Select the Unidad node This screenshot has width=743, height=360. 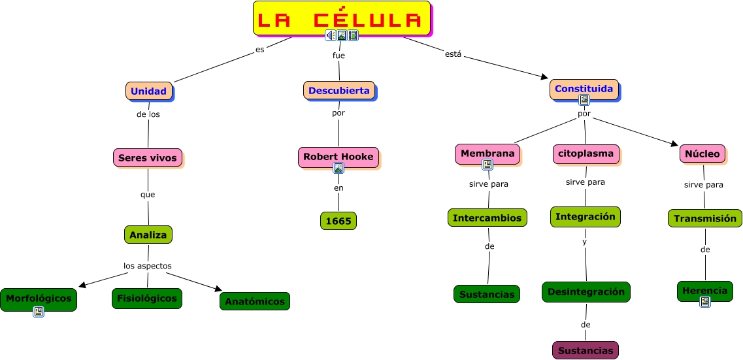[149, 91]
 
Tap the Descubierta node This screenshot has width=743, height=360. [338, 91]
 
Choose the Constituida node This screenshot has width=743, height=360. [584, 88]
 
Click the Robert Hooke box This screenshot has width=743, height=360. [338, 157]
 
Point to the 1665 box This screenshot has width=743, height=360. [338, 221]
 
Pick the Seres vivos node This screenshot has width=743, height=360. [147, 157]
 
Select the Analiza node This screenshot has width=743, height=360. [148, 235]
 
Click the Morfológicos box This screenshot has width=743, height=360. [39, 298]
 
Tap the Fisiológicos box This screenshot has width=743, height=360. [146, 298]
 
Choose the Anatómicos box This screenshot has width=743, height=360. [255, 301]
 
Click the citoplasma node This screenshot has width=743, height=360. [585, 154]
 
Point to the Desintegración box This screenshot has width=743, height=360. [586, 291]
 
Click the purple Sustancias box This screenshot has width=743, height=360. [585, 351]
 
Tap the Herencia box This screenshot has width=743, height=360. [704, 291]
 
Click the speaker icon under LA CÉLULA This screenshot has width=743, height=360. [330, 35]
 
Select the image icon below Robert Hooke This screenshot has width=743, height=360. [338, 169]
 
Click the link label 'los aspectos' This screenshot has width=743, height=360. [148, 266]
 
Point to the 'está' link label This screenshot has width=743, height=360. [453, 54]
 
